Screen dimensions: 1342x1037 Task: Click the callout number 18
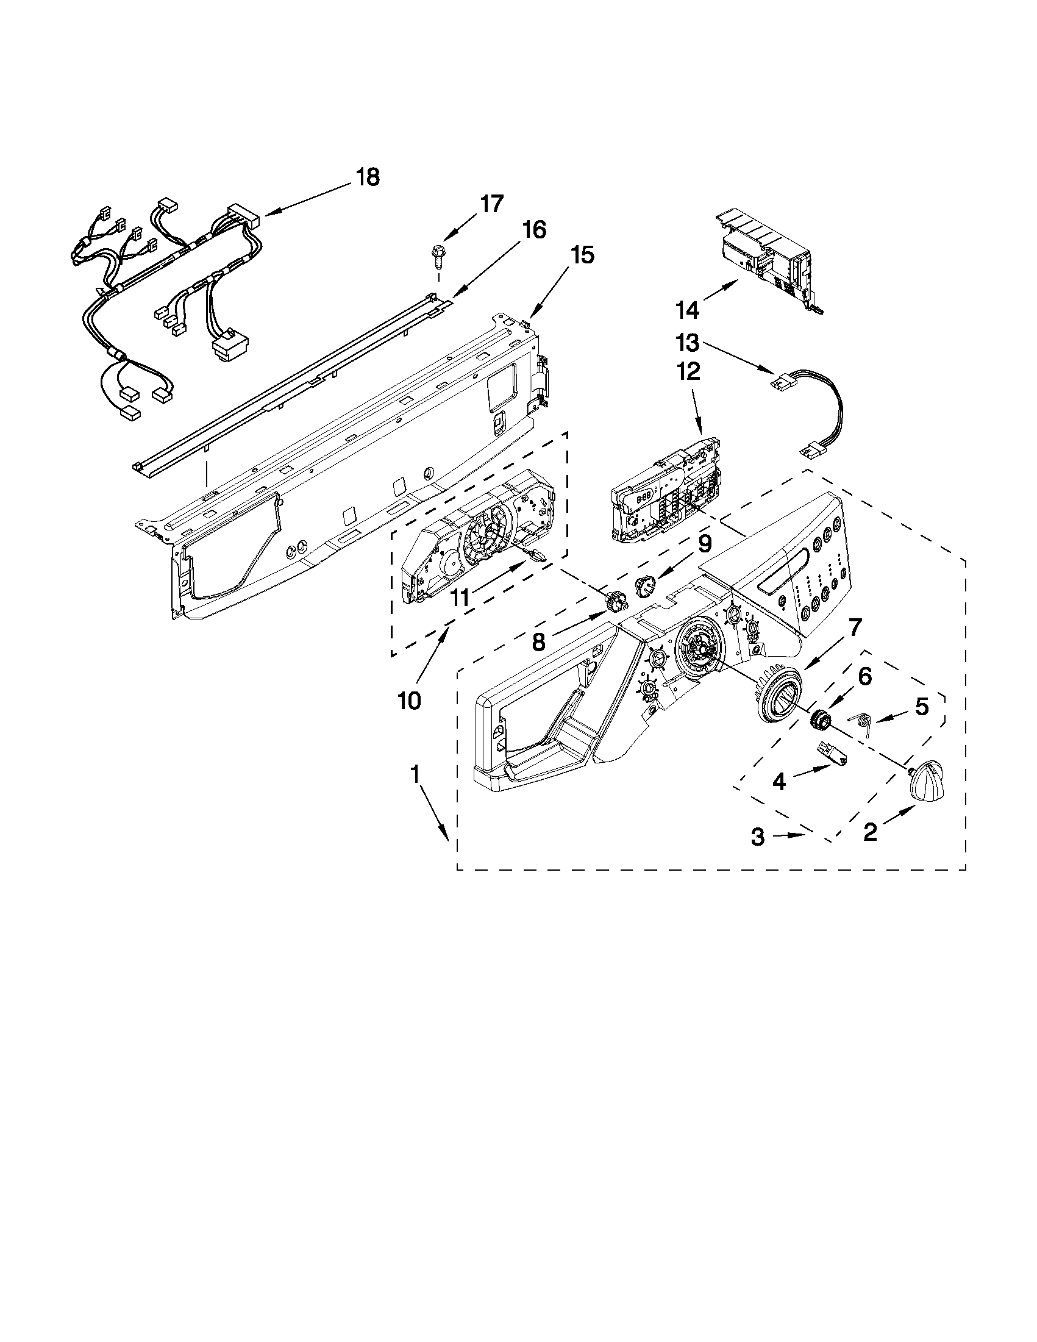368,177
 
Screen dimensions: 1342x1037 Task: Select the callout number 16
533,230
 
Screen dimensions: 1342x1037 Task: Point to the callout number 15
582,255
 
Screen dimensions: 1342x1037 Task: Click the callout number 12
688,371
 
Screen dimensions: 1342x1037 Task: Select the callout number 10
409,701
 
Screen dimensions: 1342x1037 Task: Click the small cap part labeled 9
643,582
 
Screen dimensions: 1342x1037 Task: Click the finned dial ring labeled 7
779,698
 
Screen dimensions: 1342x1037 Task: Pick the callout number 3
758,837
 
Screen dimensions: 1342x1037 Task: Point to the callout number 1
415,775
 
